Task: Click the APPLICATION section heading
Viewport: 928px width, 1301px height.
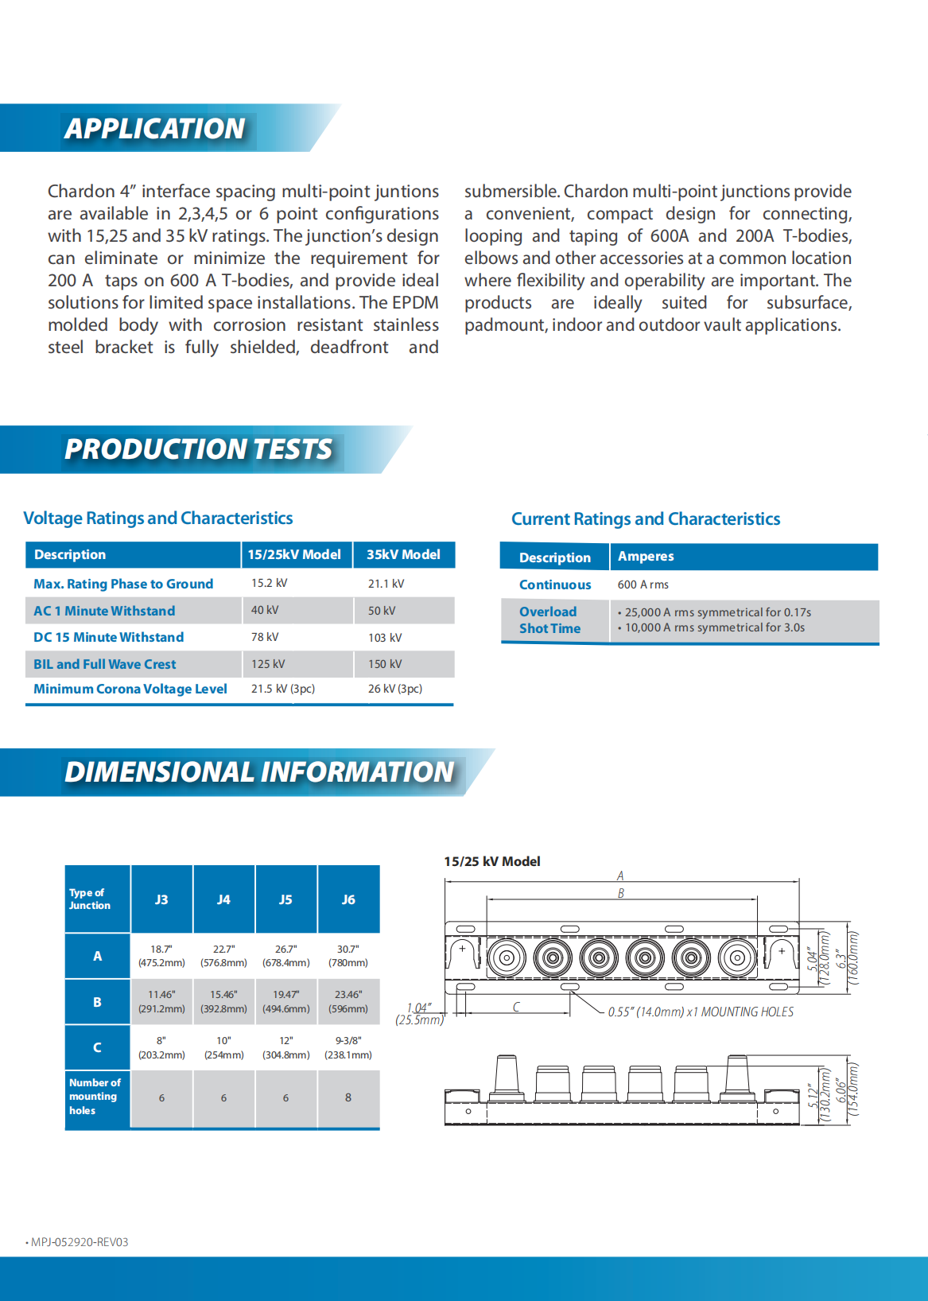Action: pos(155,129)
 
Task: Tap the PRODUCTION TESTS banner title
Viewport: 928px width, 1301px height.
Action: pos(199,449)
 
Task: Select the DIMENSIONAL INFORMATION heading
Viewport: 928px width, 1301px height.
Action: pos(259,772)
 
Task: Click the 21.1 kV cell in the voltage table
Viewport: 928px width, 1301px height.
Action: pos(386,584)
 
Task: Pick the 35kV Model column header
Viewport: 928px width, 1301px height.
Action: pos(403,554)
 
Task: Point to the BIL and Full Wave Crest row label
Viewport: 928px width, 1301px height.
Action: pos(105,664)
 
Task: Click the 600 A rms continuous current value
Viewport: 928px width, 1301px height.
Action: pos(643,584)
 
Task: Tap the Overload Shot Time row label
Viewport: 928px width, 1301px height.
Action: pos(549,620)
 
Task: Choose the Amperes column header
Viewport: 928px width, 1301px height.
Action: pos(646,556)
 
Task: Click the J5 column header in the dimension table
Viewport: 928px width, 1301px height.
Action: pos(285,899)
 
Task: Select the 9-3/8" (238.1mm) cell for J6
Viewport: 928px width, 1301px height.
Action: pos(348,1047)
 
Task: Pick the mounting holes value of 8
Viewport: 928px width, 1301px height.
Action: pos(348,1097)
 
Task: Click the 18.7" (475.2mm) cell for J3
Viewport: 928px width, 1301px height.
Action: pos(161,956)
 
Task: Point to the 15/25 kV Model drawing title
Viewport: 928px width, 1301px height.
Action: pos(492,861)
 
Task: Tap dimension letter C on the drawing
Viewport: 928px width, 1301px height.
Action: pos(516,1007)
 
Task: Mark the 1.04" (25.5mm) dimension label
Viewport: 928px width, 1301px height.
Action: pos(419,1014)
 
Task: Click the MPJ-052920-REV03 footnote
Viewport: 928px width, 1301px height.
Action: pos(79,1242)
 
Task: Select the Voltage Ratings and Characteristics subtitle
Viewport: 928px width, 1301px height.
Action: pos(158,518)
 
